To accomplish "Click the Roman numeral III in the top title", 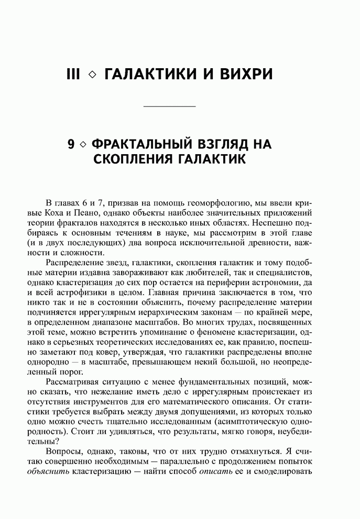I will pyautogui.click(x=73, y=74).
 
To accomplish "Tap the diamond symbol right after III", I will pyautogui.click(x=92, y=75).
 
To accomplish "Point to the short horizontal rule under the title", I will pyautogui.click(x=169, y=107).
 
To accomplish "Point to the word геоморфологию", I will pyautogui.click(x=197, y=203).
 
